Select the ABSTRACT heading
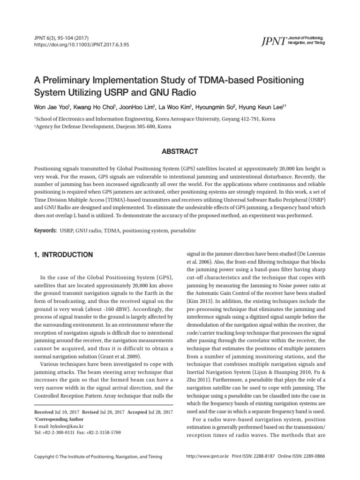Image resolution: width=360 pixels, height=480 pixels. pos(180,151)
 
